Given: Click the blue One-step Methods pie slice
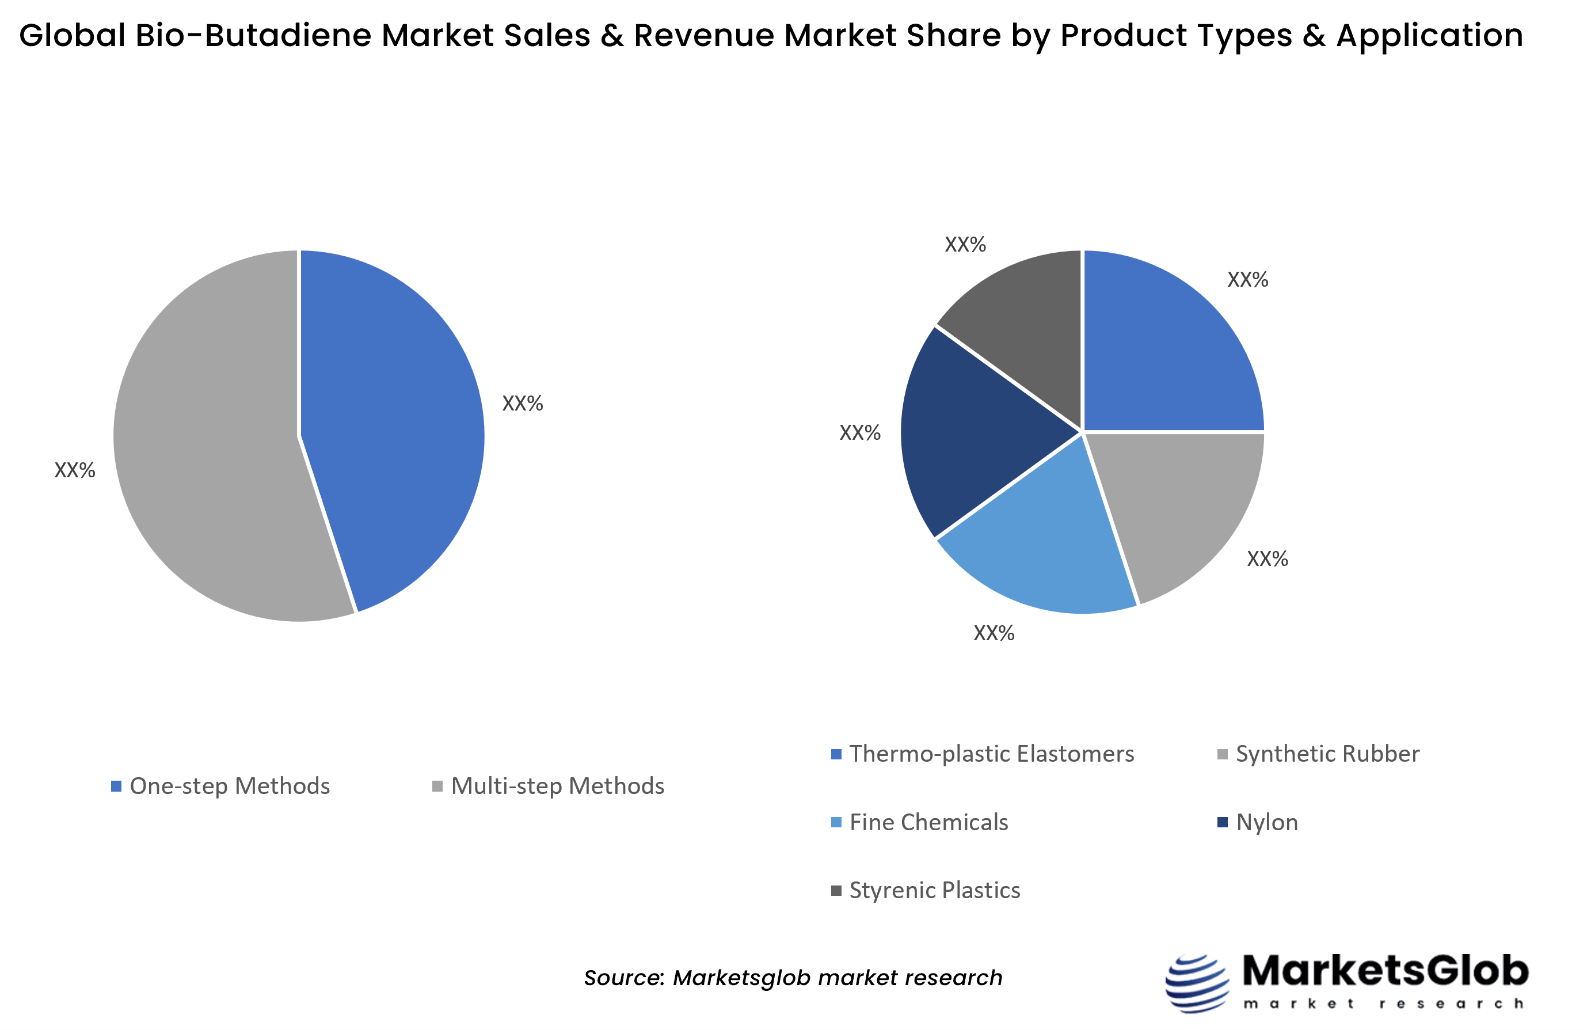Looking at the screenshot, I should coord(394,428).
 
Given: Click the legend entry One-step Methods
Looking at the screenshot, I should coord(229,786).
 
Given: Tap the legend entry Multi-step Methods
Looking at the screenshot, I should coord(557,786).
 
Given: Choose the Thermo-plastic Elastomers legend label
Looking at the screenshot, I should coord(991,754).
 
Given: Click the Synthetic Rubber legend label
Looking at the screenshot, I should coord(1327,754).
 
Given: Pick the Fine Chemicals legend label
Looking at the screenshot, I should coord(928,822).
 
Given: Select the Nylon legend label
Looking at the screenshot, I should coord(1267,822).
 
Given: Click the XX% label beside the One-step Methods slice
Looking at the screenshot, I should coord(522,403).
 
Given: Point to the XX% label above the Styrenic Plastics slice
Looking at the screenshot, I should coord(965,245).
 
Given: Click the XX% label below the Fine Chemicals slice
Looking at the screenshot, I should coord(994,633).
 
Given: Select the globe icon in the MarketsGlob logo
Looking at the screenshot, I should coord(1197,983).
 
